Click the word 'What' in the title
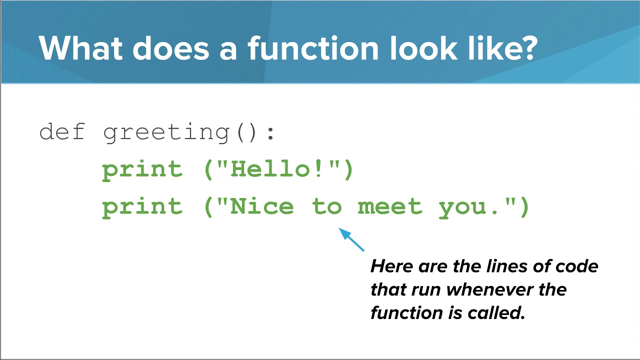tap(80, 48)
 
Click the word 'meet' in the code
tap(390, 206)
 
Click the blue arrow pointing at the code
tap(352, 239)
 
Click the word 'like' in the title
tap(492, 48)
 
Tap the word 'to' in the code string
tap(327, 206)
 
